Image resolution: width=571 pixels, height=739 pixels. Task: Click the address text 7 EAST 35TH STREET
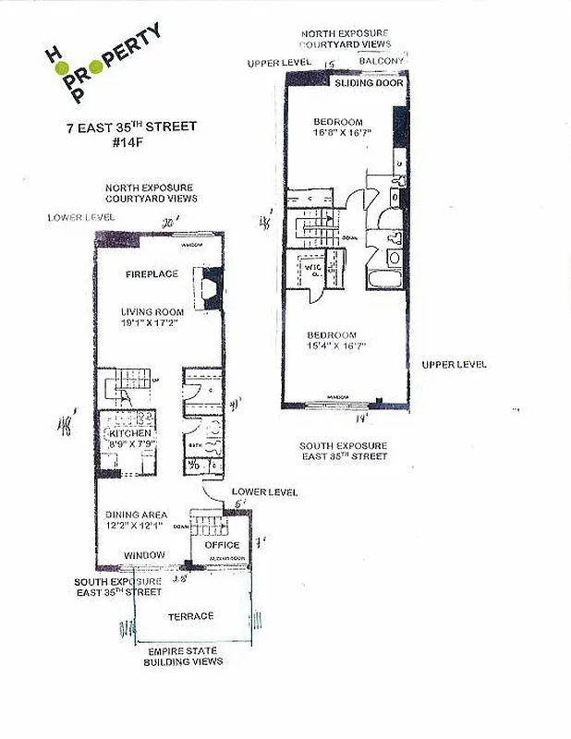pyautogui.click(x=130, y=127)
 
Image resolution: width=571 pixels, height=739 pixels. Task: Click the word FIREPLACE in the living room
pyautogui.click(x=152, y=274)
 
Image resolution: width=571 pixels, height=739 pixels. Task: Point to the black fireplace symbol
pyautogui.click(x=212, y=285)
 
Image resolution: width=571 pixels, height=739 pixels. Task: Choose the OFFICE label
pyautogui.click(x=222, y=545)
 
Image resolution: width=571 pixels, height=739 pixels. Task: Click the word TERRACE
pyautogui.click(x=190, y=616)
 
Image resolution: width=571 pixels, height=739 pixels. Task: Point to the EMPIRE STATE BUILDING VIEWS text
pyautogui.click(x=183, y=656)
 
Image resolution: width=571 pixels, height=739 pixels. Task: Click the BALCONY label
pyautogui.click(x=380, y=61)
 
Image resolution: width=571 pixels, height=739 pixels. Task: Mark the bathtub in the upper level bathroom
pyautogui.click(x=381, y=281)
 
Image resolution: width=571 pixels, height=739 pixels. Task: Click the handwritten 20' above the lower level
pyautogui.click(x=167, y=223)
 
